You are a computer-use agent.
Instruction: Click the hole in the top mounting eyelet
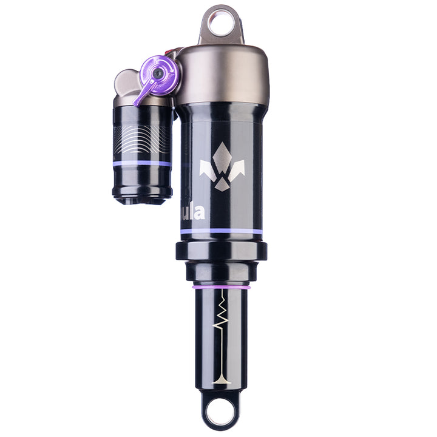(x=222, y=24)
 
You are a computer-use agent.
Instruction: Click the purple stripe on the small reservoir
(x=142, y=163)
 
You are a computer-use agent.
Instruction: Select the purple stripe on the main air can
(x=222, y=232)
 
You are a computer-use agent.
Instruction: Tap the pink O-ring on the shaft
(x=222, y=285)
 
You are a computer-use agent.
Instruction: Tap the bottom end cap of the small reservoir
(x=142, y=195)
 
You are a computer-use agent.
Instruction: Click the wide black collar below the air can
(x=222, y=250)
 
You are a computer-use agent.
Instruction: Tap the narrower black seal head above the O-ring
(x=222, y=272)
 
